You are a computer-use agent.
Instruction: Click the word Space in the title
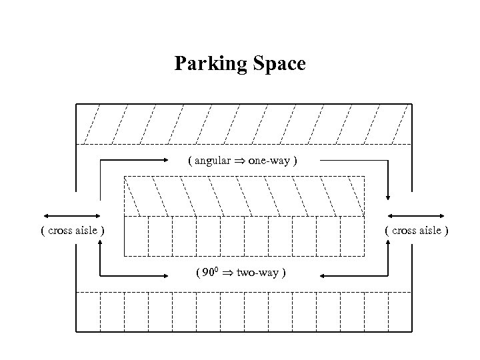279,64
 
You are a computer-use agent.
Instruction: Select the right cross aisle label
416,231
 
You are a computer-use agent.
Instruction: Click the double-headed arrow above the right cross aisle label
416,216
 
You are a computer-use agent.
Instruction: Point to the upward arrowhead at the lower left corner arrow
100,244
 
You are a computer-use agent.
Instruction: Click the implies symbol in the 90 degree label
227,273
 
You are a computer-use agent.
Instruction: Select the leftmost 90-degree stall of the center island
136,236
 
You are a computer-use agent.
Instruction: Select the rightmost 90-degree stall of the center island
353,236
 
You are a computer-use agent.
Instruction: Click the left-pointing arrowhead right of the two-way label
323,275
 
